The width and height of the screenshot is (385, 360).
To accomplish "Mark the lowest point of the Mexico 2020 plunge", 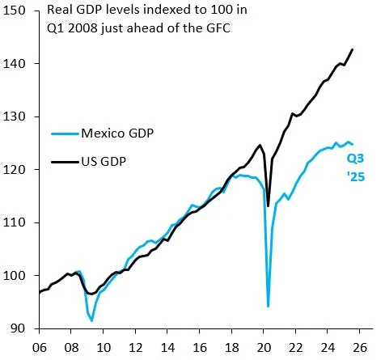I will click(268, 306).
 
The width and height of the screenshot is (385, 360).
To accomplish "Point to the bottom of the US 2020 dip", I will click(268, 205).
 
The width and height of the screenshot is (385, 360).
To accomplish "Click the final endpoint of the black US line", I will click(353, 49).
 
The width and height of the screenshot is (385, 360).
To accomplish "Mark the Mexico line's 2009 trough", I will click(91, 321).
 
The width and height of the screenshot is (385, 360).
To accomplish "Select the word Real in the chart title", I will click(61, 11).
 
